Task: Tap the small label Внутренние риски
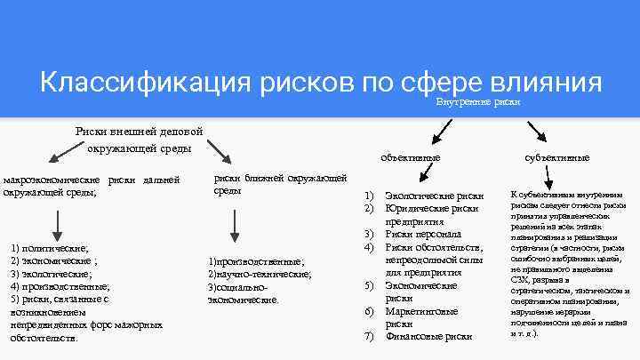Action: point(477,102)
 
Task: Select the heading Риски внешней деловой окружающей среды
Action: point(140,139)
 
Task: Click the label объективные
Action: point(410,157)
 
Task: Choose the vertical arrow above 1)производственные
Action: point(232,224)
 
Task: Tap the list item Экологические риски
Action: point(435,196)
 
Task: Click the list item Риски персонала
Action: point(422,234)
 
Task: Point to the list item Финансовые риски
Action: point(428,337)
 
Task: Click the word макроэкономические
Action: point(52,180)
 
